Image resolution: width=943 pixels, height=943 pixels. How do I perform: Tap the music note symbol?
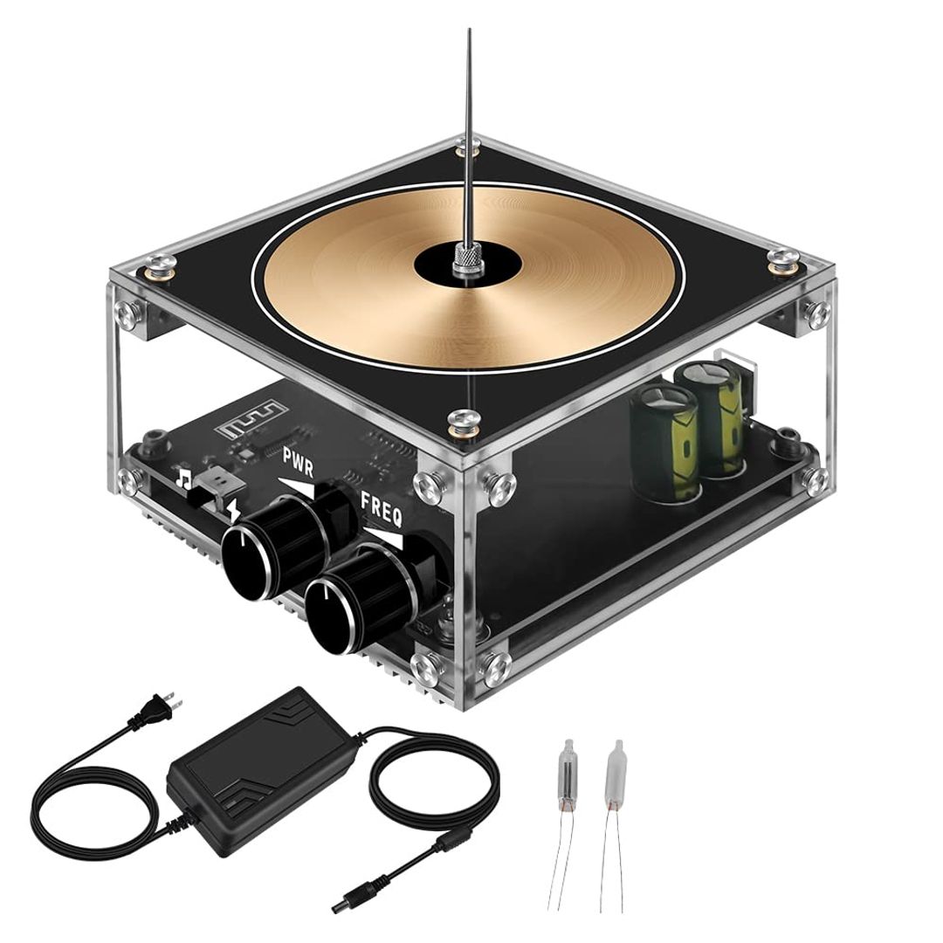click(183, 478)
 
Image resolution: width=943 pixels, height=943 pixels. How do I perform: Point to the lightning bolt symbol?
click(233, 509)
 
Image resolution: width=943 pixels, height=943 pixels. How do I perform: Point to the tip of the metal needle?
click(469, 31)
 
